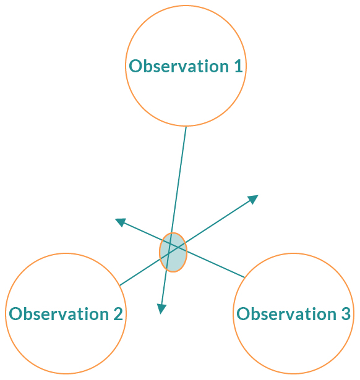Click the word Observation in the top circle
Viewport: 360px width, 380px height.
(x=179, y=66)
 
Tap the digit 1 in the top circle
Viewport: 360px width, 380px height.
(x=239, y=66)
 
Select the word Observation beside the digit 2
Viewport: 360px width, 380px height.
(x=59, y=314)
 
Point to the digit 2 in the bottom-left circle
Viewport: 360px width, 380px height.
(x=118, y=314)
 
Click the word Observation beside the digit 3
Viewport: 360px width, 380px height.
(x=286, y=314)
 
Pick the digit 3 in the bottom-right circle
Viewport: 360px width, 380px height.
(x=346, y=314)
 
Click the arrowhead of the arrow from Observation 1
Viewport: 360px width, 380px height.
(x=161, y=309)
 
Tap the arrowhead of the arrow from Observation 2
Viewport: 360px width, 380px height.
(x=253, y=199)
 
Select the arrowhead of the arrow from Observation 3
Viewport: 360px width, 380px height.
(x=121, y=222)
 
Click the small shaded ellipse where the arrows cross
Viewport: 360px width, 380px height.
(x=173, y=252)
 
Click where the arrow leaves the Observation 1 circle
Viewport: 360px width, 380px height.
(x=186, y=127)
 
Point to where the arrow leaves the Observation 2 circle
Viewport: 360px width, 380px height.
(x=120, y=285)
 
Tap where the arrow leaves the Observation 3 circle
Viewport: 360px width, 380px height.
(x=244, y=277)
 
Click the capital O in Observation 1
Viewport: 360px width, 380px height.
(x=135, y=66)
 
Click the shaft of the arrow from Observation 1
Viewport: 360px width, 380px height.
(x=174, y=216)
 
